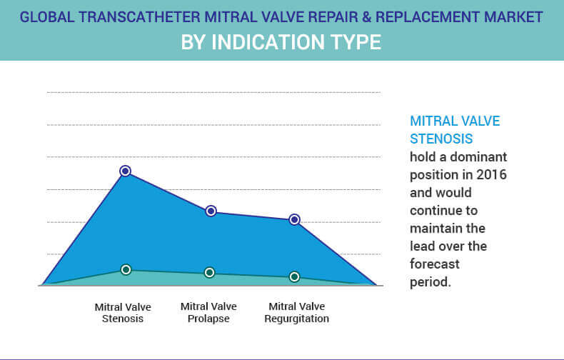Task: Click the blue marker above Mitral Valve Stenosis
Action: (125, 171)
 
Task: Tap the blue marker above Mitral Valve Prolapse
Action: (211, 211)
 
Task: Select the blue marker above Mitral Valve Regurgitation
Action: (294, 219)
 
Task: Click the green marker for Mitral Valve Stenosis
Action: (126, 269)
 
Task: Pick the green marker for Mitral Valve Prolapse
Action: (210, 272)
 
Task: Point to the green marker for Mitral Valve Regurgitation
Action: (294, 276)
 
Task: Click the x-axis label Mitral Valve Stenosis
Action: (123, 312)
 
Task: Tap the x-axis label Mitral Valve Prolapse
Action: (209, 312)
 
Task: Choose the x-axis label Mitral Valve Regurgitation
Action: (296, 312)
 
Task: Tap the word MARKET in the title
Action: (514, 16)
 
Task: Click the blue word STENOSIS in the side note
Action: (441, 138)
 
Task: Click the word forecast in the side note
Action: (434, 264)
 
